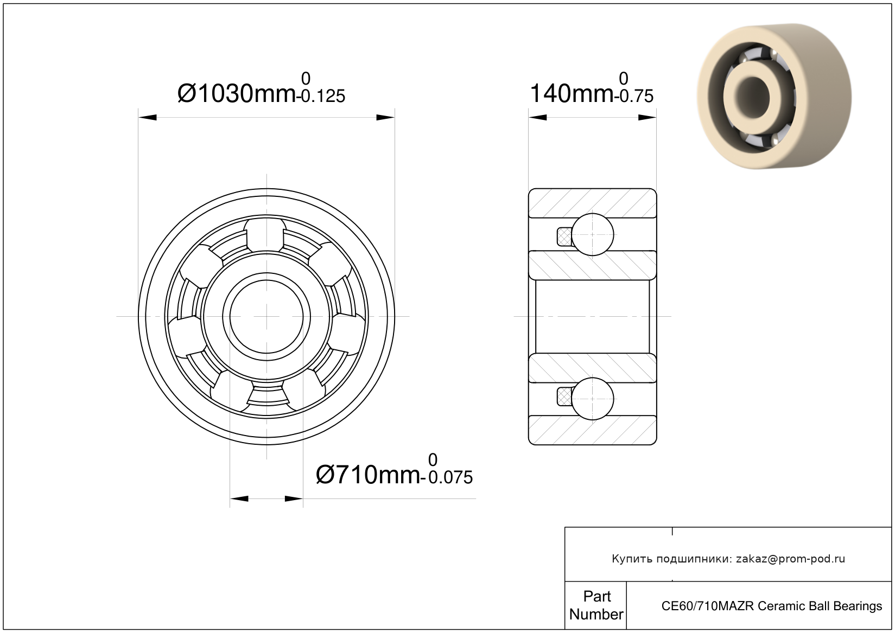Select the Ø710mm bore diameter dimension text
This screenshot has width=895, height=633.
point(368,475)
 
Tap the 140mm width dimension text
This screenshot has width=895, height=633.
point(572,93)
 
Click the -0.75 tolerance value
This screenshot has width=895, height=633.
point(634,96)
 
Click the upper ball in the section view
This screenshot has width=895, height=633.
point(593,234)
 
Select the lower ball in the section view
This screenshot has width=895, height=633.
point(593,399)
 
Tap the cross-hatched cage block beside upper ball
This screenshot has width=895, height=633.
point(564,236)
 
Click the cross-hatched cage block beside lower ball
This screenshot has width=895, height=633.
point(564,397)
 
